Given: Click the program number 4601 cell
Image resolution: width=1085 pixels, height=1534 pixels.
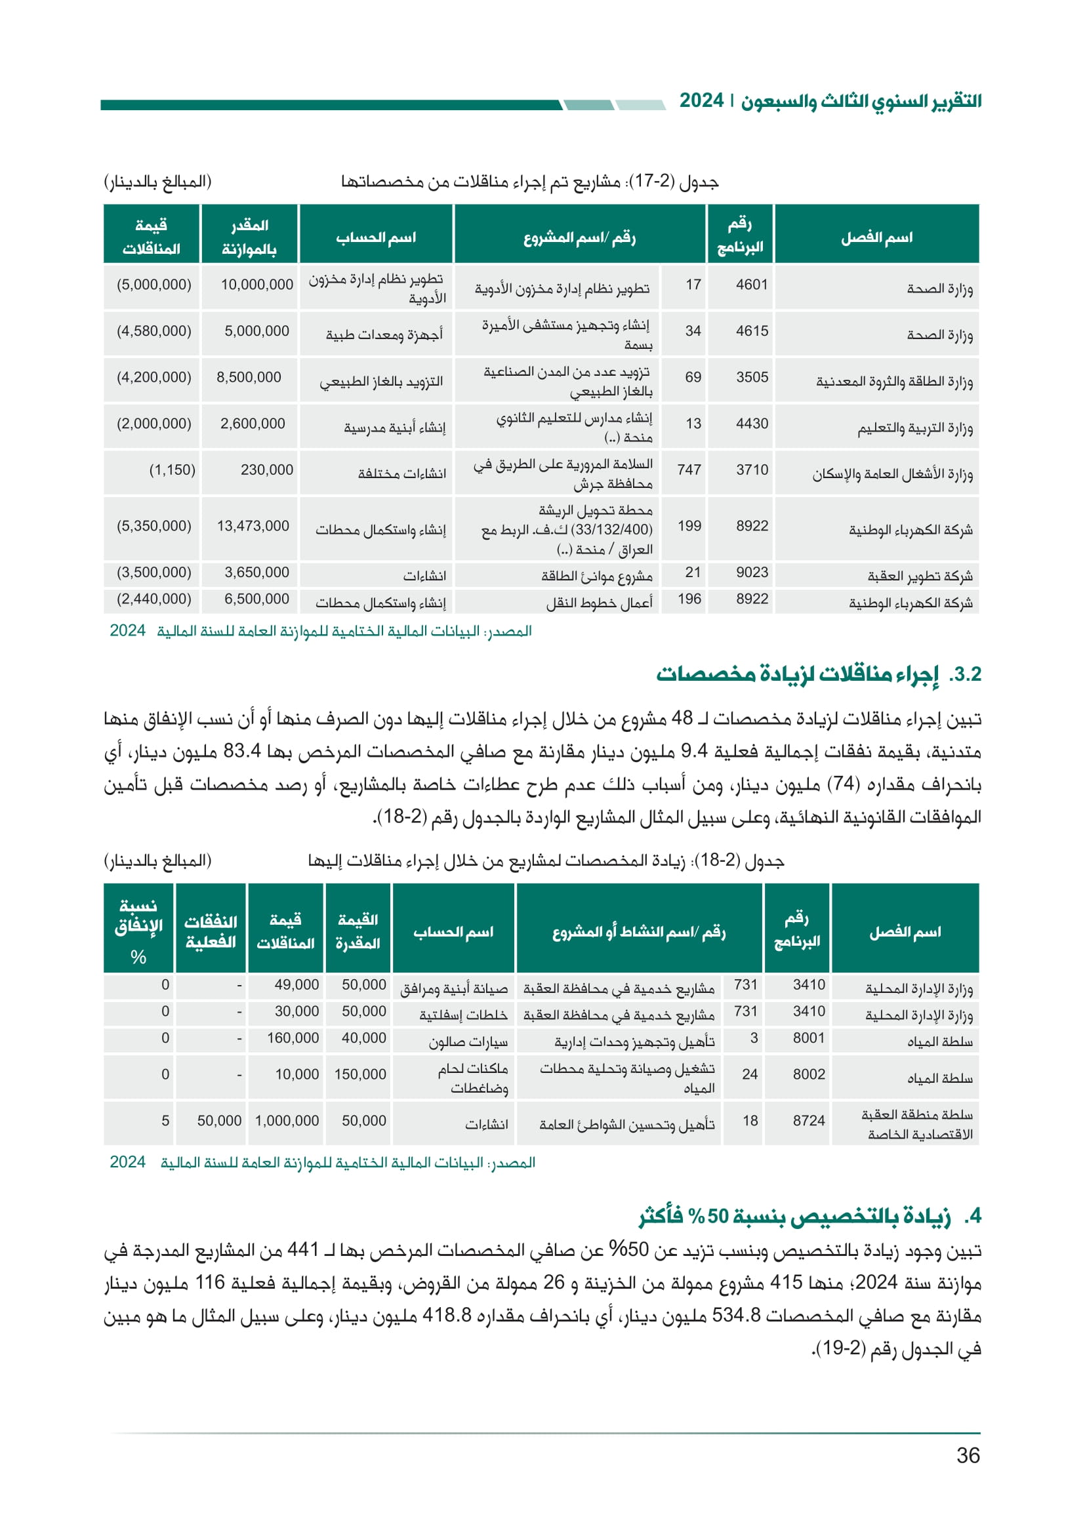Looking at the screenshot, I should (x=752, y=285).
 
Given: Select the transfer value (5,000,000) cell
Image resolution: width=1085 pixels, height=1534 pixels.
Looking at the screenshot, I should (x=154, y=285).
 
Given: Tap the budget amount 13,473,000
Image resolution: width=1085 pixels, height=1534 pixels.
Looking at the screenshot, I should (x=253, y=526).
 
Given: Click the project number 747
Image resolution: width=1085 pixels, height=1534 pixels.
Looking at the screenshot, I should (x=689, y=470).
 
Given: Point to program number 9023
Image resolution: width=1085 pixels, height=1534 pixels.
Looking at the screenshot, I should (x=752, y=573).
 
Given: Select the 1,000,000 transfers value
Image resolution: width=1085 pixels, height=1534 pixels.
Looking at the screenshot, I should (x=287, y=1120).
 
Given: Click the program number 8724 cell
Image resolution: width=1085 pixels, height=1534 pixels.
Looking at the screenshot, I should (x=808, y=1120).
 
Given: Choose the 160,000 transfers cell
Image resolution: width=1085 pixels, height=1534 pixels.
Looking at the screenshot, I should (x=293, y=1038).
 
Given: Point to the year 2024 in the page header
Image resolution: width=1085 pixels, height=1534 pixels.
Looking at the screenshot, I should (x=701, y=101).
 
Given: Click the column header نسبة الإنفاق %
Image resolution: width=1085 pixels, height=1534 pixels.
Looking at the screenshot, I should (x=138, y=931).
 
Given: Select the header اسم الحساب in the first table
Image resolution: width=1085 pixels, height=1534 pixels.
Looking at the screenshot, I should (x=375, y=237).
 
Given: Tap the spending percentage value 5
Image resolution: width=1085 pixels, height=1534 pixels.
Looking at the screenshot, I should (x=165, y=1120).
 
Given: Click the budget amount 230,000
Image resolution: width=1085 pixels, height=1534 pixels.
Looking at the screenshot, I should (x=266, y=470).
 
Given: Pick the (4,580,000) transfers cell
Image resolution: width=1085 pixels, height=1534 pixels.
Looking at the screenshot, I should (x=154, y=331).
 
